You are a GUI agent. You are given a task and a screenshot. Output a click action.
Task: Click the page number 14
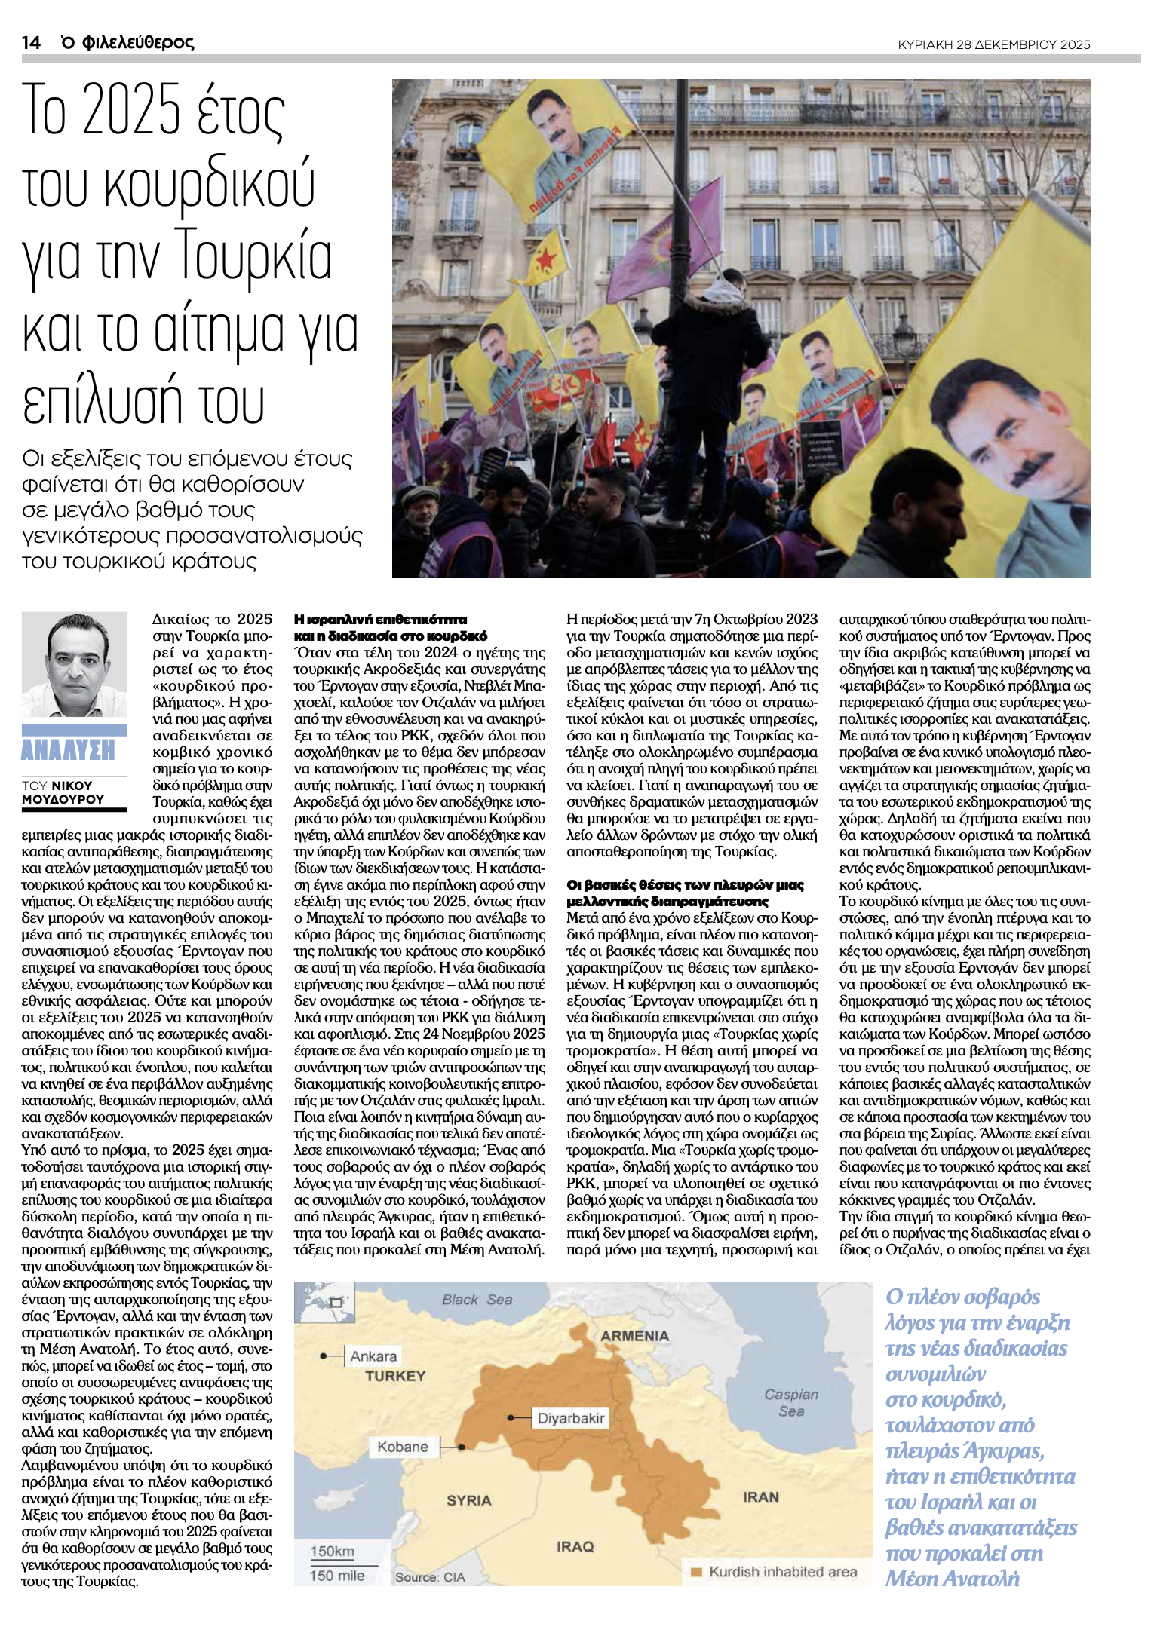tap(30, 42)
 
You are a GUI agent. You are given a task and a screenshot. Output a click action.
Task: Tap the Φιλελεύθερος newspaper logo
tap(127, 42)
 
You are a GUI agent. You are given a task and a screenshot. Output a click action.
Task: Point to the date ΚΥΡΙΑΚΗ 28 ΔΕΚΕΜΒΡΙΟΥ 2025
tap(993, 44)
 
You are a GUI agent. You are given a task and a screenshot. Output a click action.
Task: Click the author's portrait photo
tap(74, 664)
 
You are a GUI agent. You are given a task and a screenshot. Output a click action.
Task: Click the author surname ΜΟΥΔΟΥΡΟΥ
tap(63, 799)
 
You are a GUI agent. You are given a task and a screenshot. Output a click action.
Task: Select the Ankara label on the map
tap(373, 1356)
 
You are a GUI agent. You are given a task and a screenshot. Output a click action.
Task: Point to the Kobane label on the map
tap(402, 1447)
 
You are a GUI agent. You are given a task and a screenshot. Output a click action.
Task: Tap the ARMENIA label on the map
tap(634, 1335)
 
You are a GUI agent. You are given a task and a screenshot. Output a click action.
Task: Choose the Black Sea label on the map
tap(477, 1299)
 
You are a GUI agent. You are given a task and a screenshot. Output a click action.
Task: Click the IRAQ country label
tap(575, 1546)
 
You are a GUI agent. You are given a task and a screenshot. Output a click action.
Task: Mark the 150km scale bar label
tap(332, 1551)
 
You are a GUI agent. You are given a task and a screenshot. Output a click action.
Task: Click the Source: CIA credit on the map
tap(430, 1577)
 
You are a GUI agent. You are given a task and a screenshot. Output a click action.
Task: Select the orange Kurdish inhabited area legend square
tap(696, 1572)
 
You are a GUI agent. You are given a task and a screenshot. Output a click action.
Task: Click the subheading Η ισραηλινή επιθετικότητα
tap(380, 619)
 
